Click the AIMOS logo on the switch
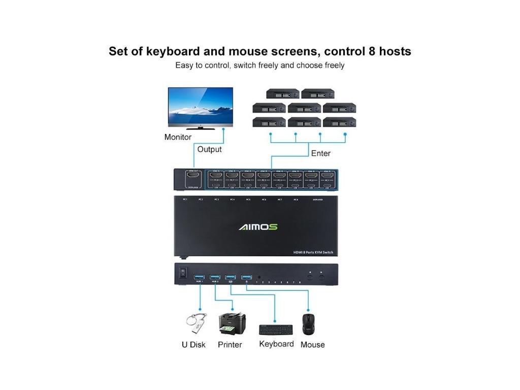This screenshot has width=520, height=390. click(x=258, y=226)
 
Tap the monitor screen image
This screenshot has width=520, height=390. click(x=201, y=107)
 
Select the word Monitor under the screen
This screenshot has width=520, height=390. click(x=178, y=137)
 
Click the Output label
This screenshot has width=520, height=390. click(x=209, y=149)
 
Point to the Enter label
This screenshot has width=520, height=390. click(x=320, y=153)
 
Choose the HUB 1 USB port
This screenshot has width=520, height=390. click(x=199, y=277)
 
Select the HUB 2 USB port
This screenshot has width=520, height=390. click(x=215, y=277)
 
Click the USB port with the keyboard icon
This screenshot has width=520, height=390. click(x=231, y=277)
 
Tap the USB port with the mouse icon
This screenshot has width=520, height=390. click(x=246, y=277)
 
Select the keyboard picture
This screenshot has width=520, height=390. click(x=276, y=330)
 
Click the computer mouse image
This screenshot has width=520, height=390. click(x=308, y=324)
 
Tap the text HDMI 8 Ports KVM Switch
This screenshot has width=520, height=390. click(x=313, y=252)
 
